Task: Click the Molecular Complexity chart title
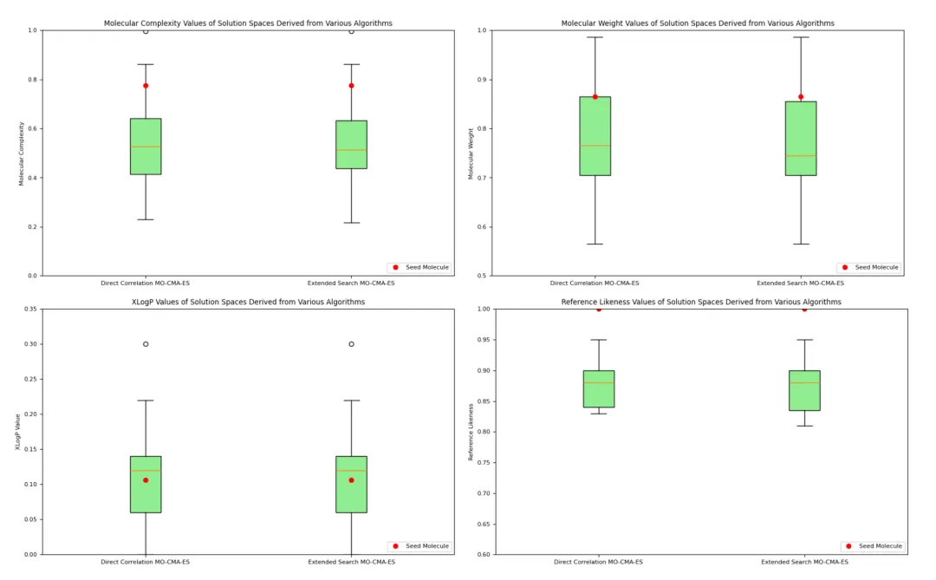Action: pos(248,23)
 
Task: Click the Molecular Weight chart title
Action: pos(698,23)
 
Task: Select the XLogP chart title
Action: pos(248,302)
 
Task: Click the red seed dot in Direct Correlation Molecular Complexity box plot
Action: pos(146,86)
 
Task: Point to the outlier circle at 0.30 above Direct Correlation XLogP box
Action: pos(146,344)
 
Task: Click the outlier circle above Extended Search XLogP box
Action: pos(351,344)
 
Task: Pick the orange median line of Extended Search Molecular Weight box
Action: pos(801,156)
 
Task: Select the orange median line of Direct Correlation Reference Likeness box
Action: pos(599,382)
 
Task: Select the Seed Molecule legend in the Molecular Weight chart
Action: pos(871,267)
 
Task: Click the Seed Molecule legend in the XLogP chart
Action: pos(421,546)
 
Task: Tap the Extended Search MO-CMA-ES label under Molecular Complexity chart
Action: pos(351,283)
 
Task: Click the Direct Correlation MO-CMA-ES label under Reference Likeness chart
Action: pos(599,562)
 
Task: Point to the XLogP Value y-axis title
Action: pos(18,432)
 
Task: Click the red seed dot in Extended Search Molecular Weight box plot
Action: pos(801,97)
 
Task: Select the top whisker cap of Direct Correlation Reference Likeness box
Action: pos(599,340)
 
